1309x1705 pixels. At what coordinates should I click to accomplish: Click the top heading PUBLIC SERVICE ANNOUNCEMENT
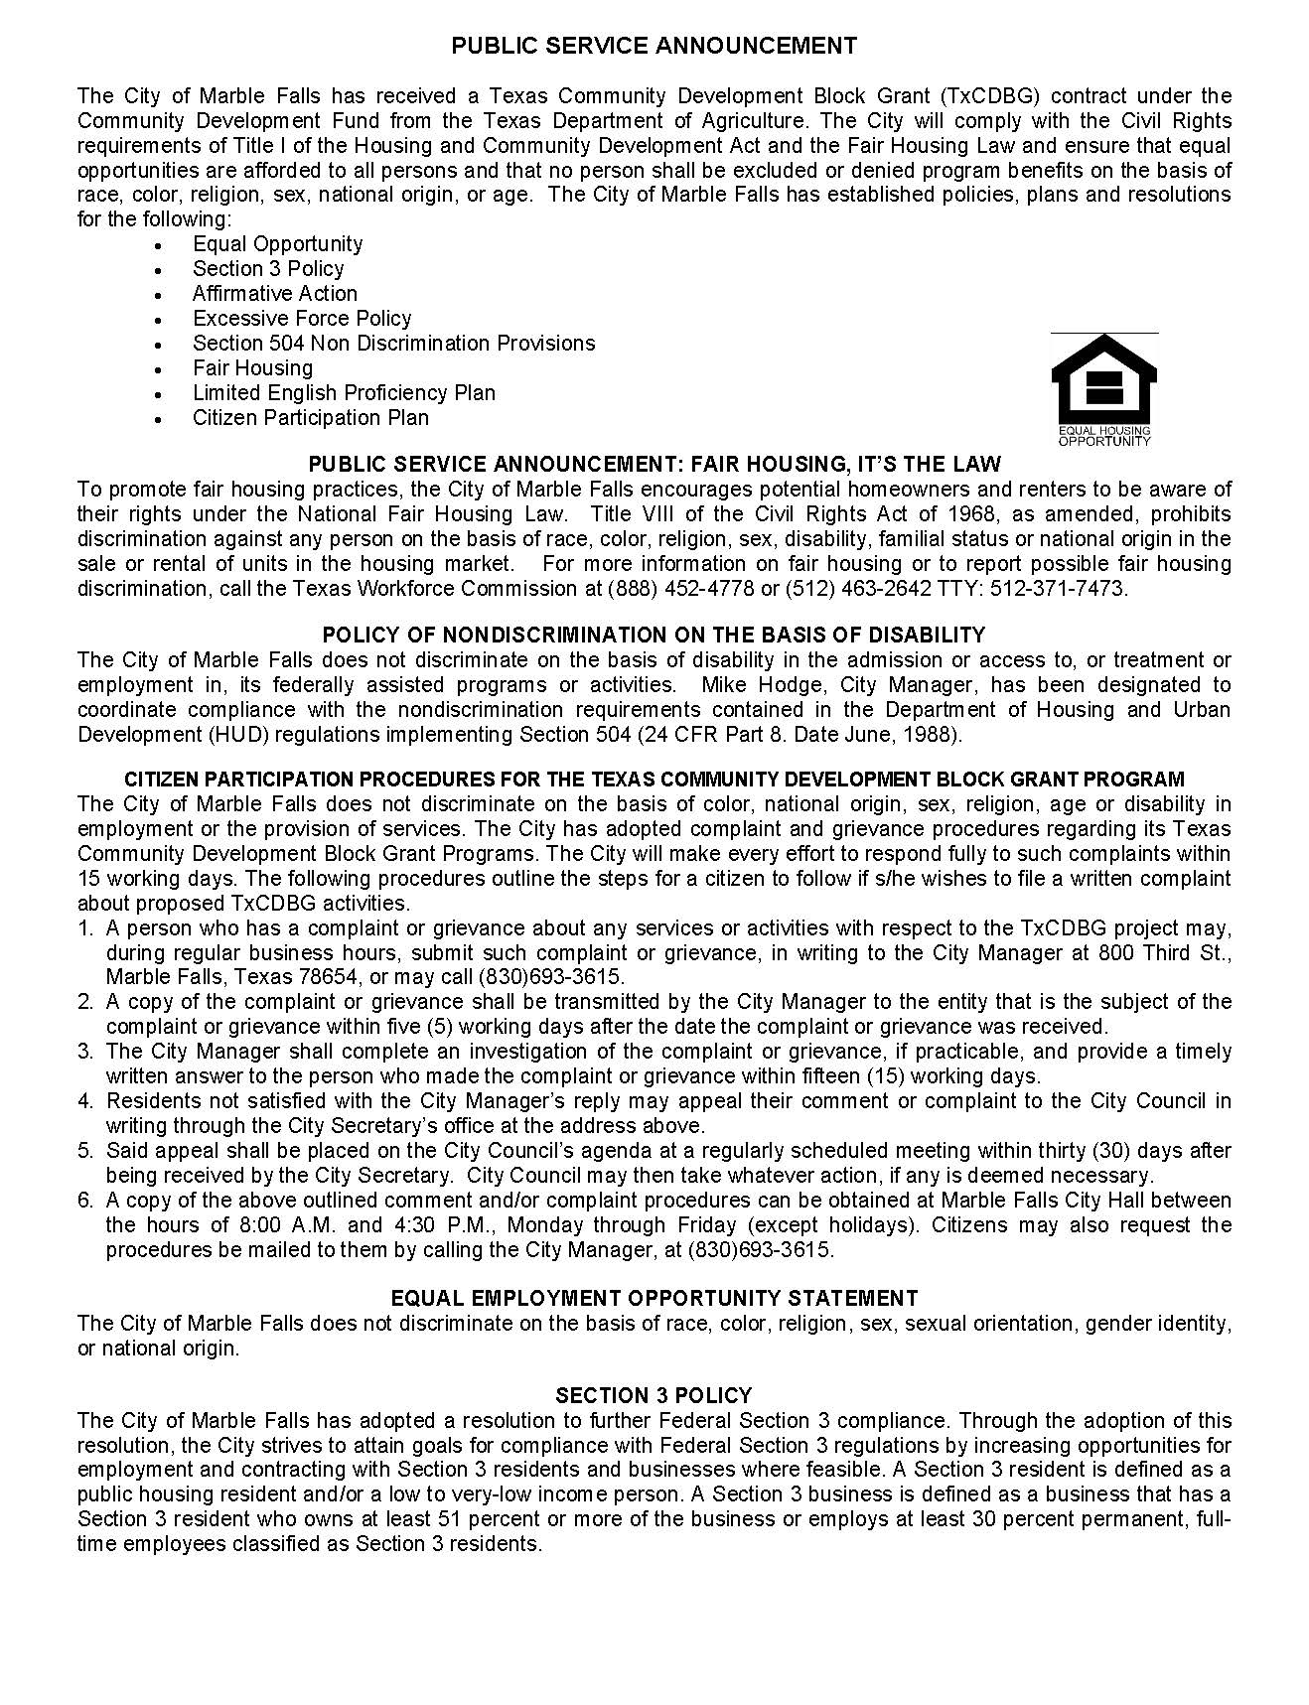[654, 46]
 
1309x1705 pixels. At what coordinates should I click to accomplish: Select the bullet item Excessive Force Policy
[302, 319]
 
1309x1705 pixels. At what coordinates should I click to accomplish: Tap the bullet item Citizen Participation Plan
[311, 418]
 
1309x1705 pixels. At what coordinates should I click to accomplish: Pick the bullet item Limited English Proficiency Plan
[344, 393]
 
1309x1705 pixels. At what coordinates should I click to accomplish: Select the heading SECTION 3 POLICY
[654, 1395]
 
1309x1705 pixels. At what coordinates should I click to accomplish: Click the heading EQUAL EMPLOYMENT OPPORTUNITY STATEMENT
[654, 1299]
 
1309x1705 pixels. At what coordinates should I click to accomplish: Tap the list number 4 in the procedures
[85, 1101]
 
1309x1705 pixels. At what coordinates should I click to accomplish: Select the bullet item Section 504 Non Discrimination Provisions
[393, 344]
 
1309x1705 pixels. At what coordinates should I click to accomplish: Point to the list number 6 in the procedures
[85, 1201]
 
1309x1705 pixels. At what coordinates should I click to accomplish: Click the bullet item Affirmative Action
[275, 294]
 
